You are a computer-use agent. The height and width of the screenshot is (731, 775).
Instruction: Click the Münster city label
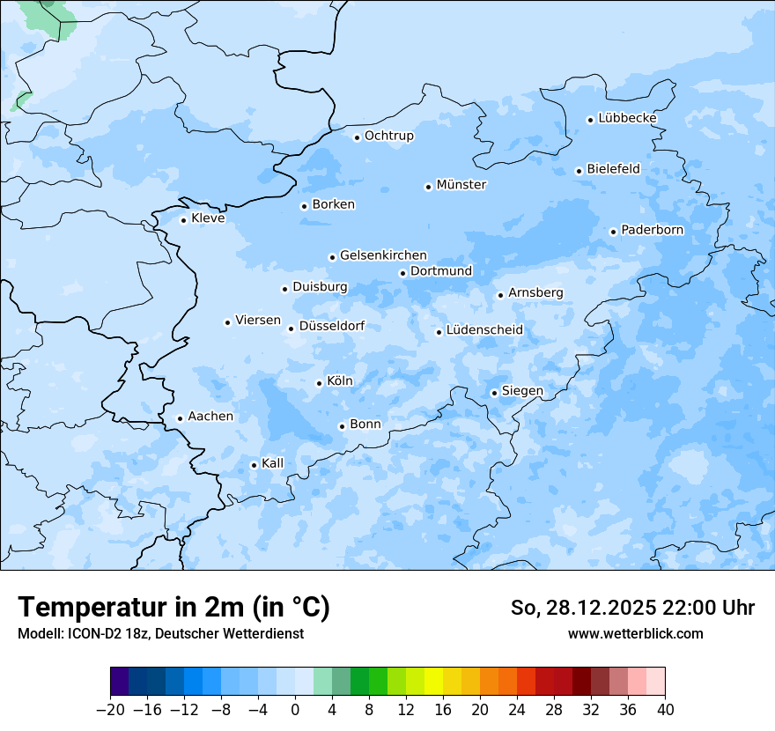pyautogui.click(x=461, y=185)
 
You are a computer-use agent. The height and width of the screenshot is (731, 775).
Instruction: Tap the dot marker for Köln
pyautogui.click(x=319, y=383)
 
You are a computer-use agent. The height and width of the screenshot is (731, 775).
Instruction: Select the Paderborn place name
pyautogui.click(x=652, y=230)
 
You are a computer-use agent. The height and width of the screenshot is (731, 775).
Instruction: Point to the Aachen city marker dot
pyautogui.click(x=180, y=419)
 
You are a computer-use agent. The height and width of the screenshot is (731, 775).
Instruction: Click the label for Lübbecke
pyautogui.click(x=627, y=118)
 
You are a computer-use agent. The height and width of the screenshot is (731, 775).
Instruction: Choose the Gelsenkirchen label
pyautogui.click(x=383, y=255)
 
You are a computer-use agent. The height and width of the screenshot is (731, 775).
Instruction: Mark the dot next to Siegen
pyautogui.click(x=494, y=393)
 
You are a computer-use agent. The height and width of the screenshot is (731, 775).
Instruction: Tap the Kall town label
pyautogui.click(x=272, y=463)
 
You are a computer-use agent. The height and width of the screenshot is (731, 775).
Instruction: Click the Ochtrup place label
pyautogui.click(x=388, y=136)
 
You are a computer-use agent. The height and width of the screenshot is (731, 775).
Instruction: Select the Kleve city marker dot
pyautogui.click(x=183, y=220)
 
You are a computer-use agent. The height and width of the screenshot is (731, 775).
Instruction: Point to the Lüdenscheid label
pyautogui.click(x=484, y=330)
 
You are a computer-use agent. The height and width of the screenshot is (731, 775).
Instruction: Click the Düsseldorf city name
pyautogui.click(x=332, y=326)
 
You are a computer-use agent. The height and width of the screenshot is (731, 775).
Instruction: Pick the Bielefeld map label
pyautogui.click(x=613, y=168)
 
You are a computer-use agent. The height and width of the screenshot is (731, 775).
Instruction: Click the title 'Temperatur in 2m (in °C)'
pyautogui.click(x=173, y=608)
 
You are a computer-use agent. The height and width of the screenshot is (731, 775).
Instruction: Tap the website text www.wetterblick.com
pyautogui.click(x=635, y=633)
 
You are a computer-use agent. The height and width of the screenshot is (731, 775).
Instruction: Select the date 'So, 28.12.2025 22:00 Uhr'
pyautogui.click(x=631, y=608)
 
